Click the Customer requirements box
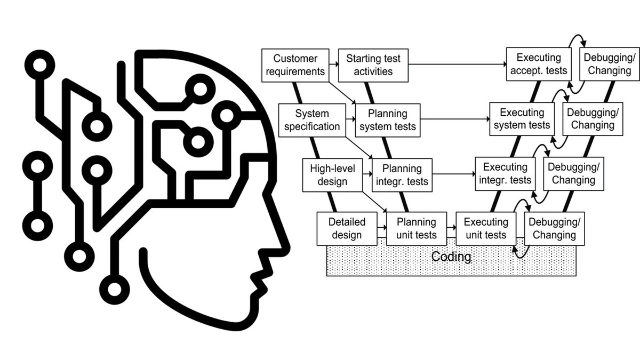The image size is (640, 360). tap(295, 65)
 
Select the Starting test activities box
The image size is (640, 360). tap(373, 65)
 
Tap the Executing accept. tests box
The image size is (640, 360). tap(539, 65)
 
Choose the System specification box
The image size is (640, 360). tap(312, 120)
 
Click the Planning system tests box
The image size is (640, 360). tap(388, 120)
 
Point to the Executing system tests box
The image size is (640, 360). tap(522, 119)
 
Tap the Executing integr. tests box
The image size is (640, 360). tap(505, 174)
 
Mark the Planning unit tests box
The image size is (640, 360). tap(415, 228)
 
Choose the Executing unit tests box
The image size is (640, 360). tap(485, 228)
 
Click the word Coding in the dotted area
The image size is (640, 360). tap(451, 257)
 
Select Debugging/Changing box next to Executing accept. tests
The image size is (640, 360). tap(607, 65)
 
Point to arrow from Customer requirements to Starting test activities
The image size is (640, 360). tap(334, 65)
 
